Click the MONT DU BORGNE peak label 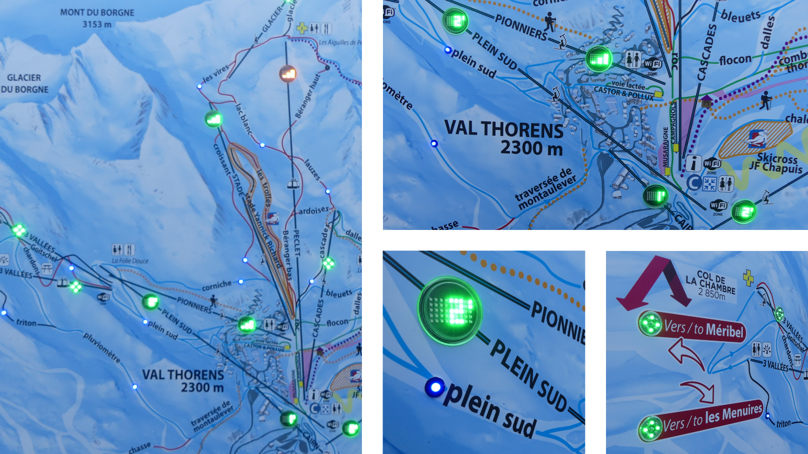pyautogui.click(x=97, y=13)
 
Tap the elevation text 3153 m pyautogui.click(x=97, y=24)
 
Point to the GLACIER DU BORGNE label pyautogui.click(x=24, y=83)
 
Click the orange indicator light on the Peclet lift pyautogui.click(x=288, y=74)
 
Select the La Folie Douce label pyautogui.click(x=130, y=261)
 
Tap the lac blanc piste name pyautogui.click(x=244, y=119)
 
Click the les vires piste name pyautogui.click(x=215, y=73)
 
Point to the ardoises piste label pyautogui.click(x=314, y=210)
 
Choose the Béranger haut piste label pyautogui.click(x=308, y=97)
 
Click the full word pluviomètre pyautogui.click(x=102, y=348)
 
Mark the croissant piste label pyautogui.click(x=222, y=159)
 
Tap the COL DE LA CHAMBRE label pyautogui.click(x=711, y=282)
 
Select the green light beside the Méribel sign pyautogui.click(x=650, y=324)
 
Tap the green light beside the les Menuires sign pyautogui.click(x=650, y=429)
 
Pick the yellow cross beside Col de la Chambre pyautogui.click(x=748, y=278)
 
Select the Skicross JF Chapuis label pyautogui.click(x=776, y=163)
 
